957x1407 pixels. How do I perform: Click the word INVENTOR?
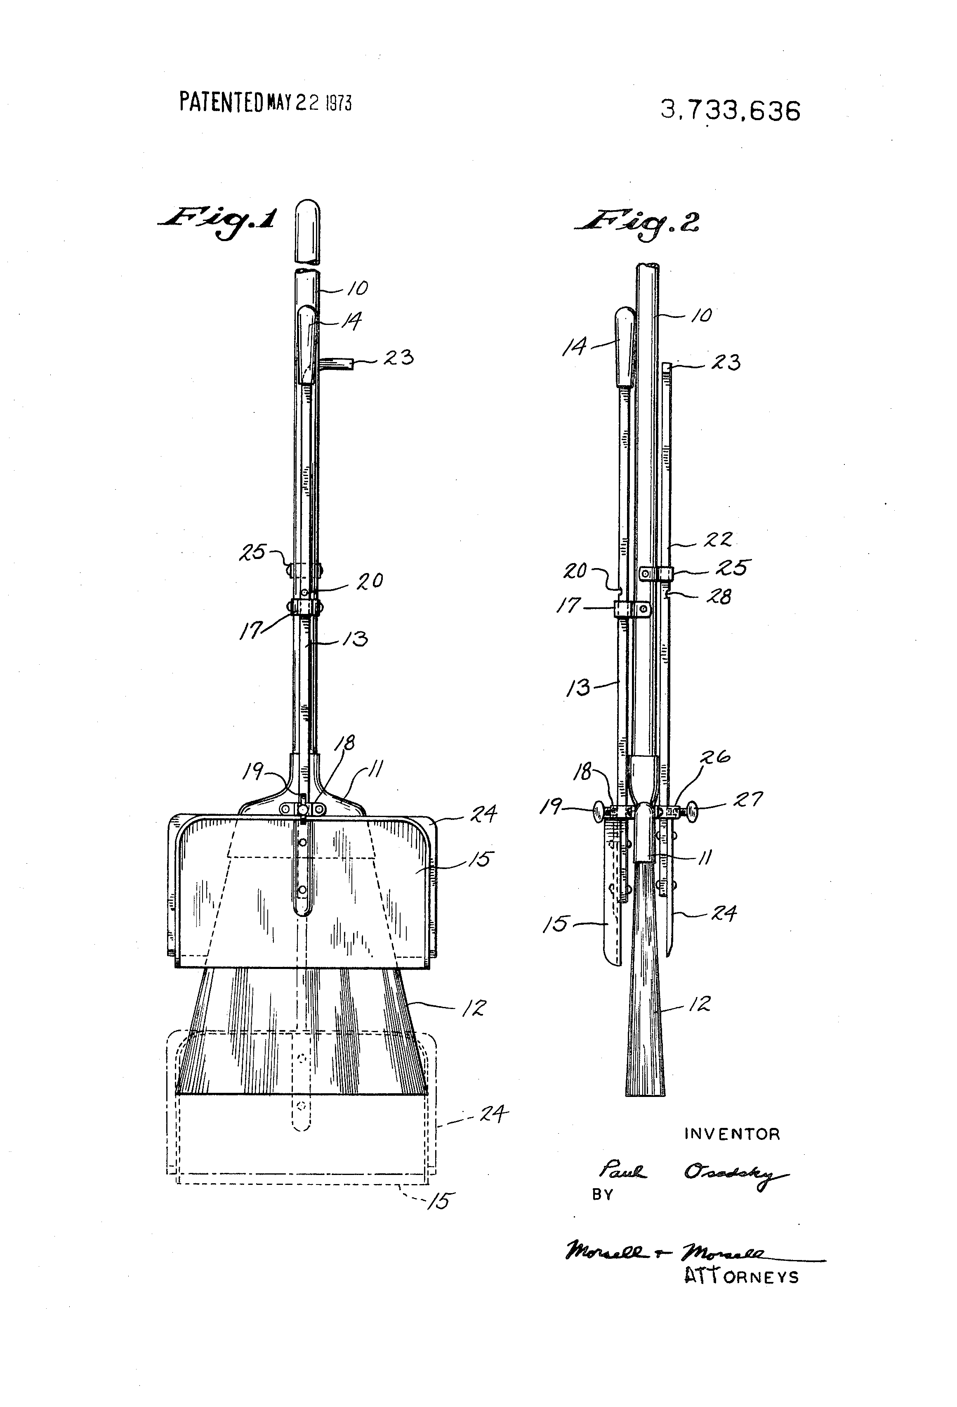732,1134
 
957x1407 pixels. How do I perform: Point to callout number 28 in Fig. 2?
719,597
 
